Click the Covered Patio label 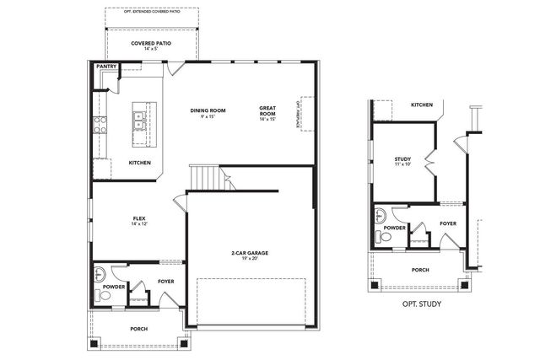[152, 44]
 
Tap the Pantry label [106, 66]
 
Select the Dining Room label [207, 110]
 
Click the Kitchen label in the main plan [139, 163]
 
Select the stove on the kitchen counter [100, 126]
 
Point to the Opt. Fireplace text [297, 114]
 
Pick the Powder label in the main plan [114, 286]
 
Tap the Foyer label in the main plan [166, 282]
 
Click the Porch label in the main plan [139, 329]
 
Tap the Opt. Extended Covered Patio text [152, 12]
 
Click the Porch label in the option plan [419, 270]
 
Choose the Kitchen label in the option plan [422, 105]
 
